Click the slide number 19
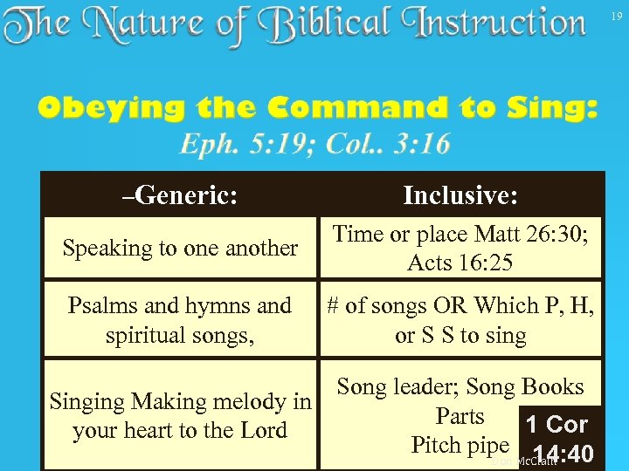click(x=617, y=17)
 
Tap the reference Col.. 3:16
click(x=388, y=144)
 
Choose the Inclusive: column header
click(x=460, y=195)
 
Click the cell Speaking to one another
click(x=180, y=248)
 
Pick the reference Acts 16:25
click(x=460, y=263)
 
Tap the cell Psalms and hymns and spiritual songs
click(x=180, y=320)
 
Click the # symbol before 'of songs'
click(x=333, y=306)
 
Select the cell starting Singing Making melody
click(x=180, y=416)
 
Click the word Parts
click(x=460, y=415)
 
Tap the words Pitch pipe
click(x=460, y=444)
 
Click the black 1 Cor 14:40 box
click(x=560, y=439)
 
